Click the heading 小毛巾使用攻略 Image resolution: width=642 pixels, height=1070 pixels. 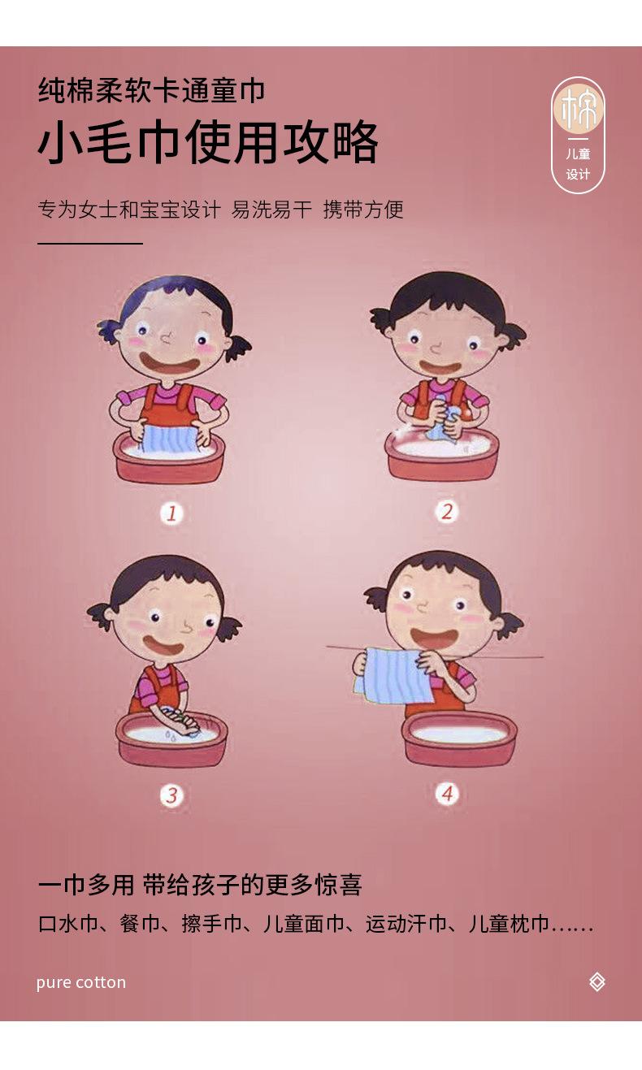click(x=208, y=142)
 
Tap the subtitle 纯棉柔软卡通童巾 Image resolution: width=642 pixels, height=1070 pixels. click(x=151, y=90)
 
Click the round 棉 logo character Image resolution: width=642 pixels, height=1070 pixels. click(x=578, y=108)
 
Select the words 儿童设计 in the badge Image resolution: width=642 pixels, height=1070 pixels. click(x=578, y=164)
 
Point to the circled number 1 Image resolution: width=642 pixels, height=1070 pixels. click(x=171, y=513)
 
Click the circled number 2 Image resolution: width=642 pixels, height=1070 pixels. click(x=447, y=512)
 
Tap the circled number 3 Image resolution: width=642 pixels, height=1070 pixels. click(x=171, y=795)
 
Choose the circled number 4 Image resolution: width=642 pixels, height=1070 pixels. click(x=447, y=794)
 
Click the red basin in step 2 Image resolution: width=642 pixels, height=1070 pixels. click(x=442, y=455)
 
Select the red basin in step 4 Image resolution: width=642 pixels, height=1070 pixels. click(x=459, y=739)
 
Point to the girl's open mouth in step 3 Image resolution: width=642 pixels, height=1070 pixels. click(x=163, y=645)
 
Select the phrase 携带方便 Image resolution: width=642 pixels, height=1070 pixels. click(x=363, y=210)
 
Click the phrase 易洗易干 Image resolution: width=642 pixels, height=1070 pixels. click(x=271, y=210)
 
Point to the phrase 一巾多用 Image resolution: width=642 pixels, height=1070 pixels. click(x=86, y=885)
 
